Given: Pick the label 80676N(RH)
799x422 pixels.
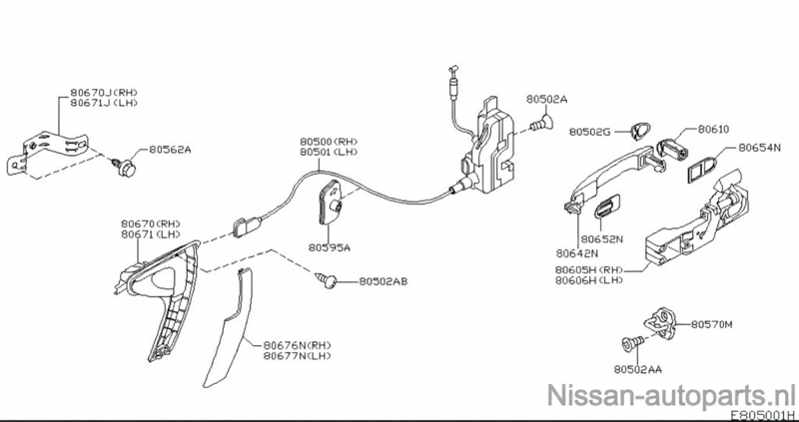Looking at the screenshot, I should tap(297, 344).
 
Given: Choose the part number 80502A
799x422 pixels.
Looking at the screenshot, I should tap(546, 101).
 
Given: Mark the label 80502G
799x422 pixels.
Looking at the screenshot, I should tap(591, 131).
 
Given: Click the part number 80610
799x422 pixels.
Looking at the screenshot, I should tap(713, 130).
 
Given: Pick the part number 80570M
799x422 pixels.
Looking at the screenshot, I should tap(712, 325).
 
